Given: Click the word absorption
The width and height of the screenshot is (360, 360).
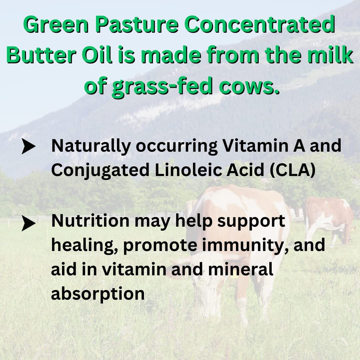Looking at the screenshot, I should [x=98, y=294].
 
